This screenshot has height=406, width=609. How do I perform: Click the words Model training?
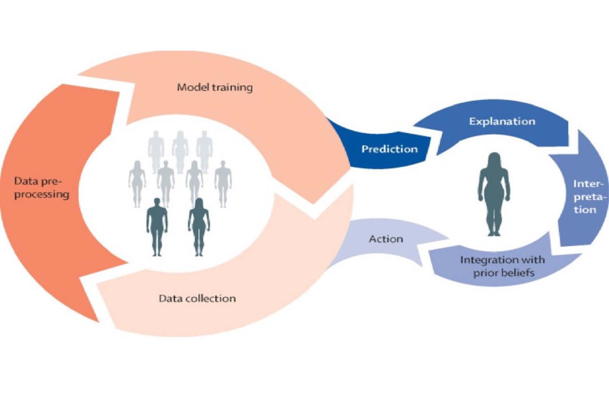point(214,87)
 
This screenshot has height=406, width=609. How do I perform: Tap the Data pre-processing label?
point(41,188)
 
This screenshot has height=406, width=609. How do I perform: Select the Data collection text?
point(197,298)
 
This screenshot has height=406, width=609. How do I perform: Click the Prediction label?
point(389,149)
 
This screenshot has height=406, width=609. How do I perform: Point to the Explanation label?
point(502,121)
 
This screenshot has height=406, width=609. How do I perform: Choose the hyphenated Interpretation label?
point(587,197)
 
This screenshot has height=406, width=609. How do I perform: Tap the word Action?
point(386,239)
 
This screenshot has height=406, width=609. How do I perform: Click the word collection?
point(215,298)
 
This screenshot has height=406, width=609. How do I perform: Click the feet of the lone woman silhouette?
point(494,232)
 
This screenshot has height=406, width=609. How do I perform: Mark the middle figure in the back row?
point(180,150)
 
